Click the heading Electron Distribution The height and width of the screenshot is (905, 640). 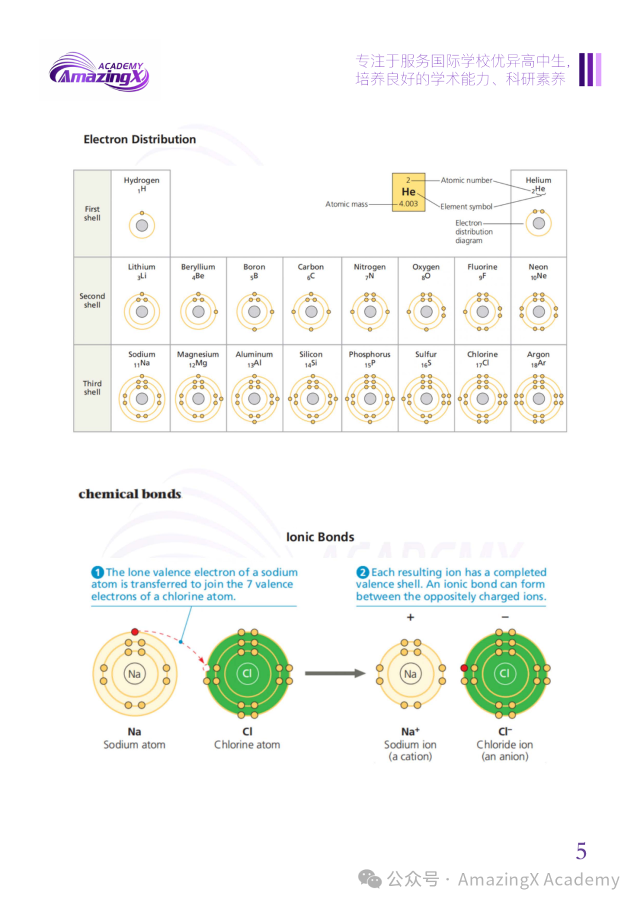coord(139,139)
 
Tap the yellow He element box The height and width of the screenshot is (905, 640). coord(408,192)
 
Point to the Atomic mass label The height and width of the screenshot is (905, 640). coord(346,204)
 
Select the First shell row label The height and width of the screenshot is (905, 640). coord(92,213)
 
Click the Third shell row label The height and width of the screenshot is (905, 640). coord(92,388)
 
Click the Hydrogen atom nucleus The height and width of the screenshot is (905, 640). coord(142,226)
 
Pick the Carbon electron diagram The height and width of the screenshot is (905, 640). coord(311,312)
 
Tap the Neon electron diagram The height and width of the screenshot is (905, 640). coord(539,312)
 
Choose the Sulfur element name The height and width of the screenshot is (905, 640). coord(425,354)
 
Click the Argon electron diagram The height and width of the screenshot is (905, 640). coord(539,399)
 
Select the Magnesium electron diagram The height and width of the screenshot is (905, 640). coord(199,399)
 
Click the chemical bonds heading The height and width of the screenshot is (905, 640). coord(130,494)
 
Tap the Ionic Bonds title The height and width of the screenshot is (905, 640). coord(320,537)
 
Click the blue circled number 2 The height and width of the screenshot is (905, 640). coord(363,573)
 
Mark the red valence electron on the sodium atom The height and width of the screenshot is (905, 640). coord(135,632)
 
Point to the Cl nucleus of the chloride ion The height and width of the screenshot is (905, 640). coord(504,673)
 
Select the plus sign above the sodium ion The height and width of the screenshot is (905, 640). coord(410,618)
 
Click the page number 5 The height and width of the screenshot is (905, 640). coord(581,851)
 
